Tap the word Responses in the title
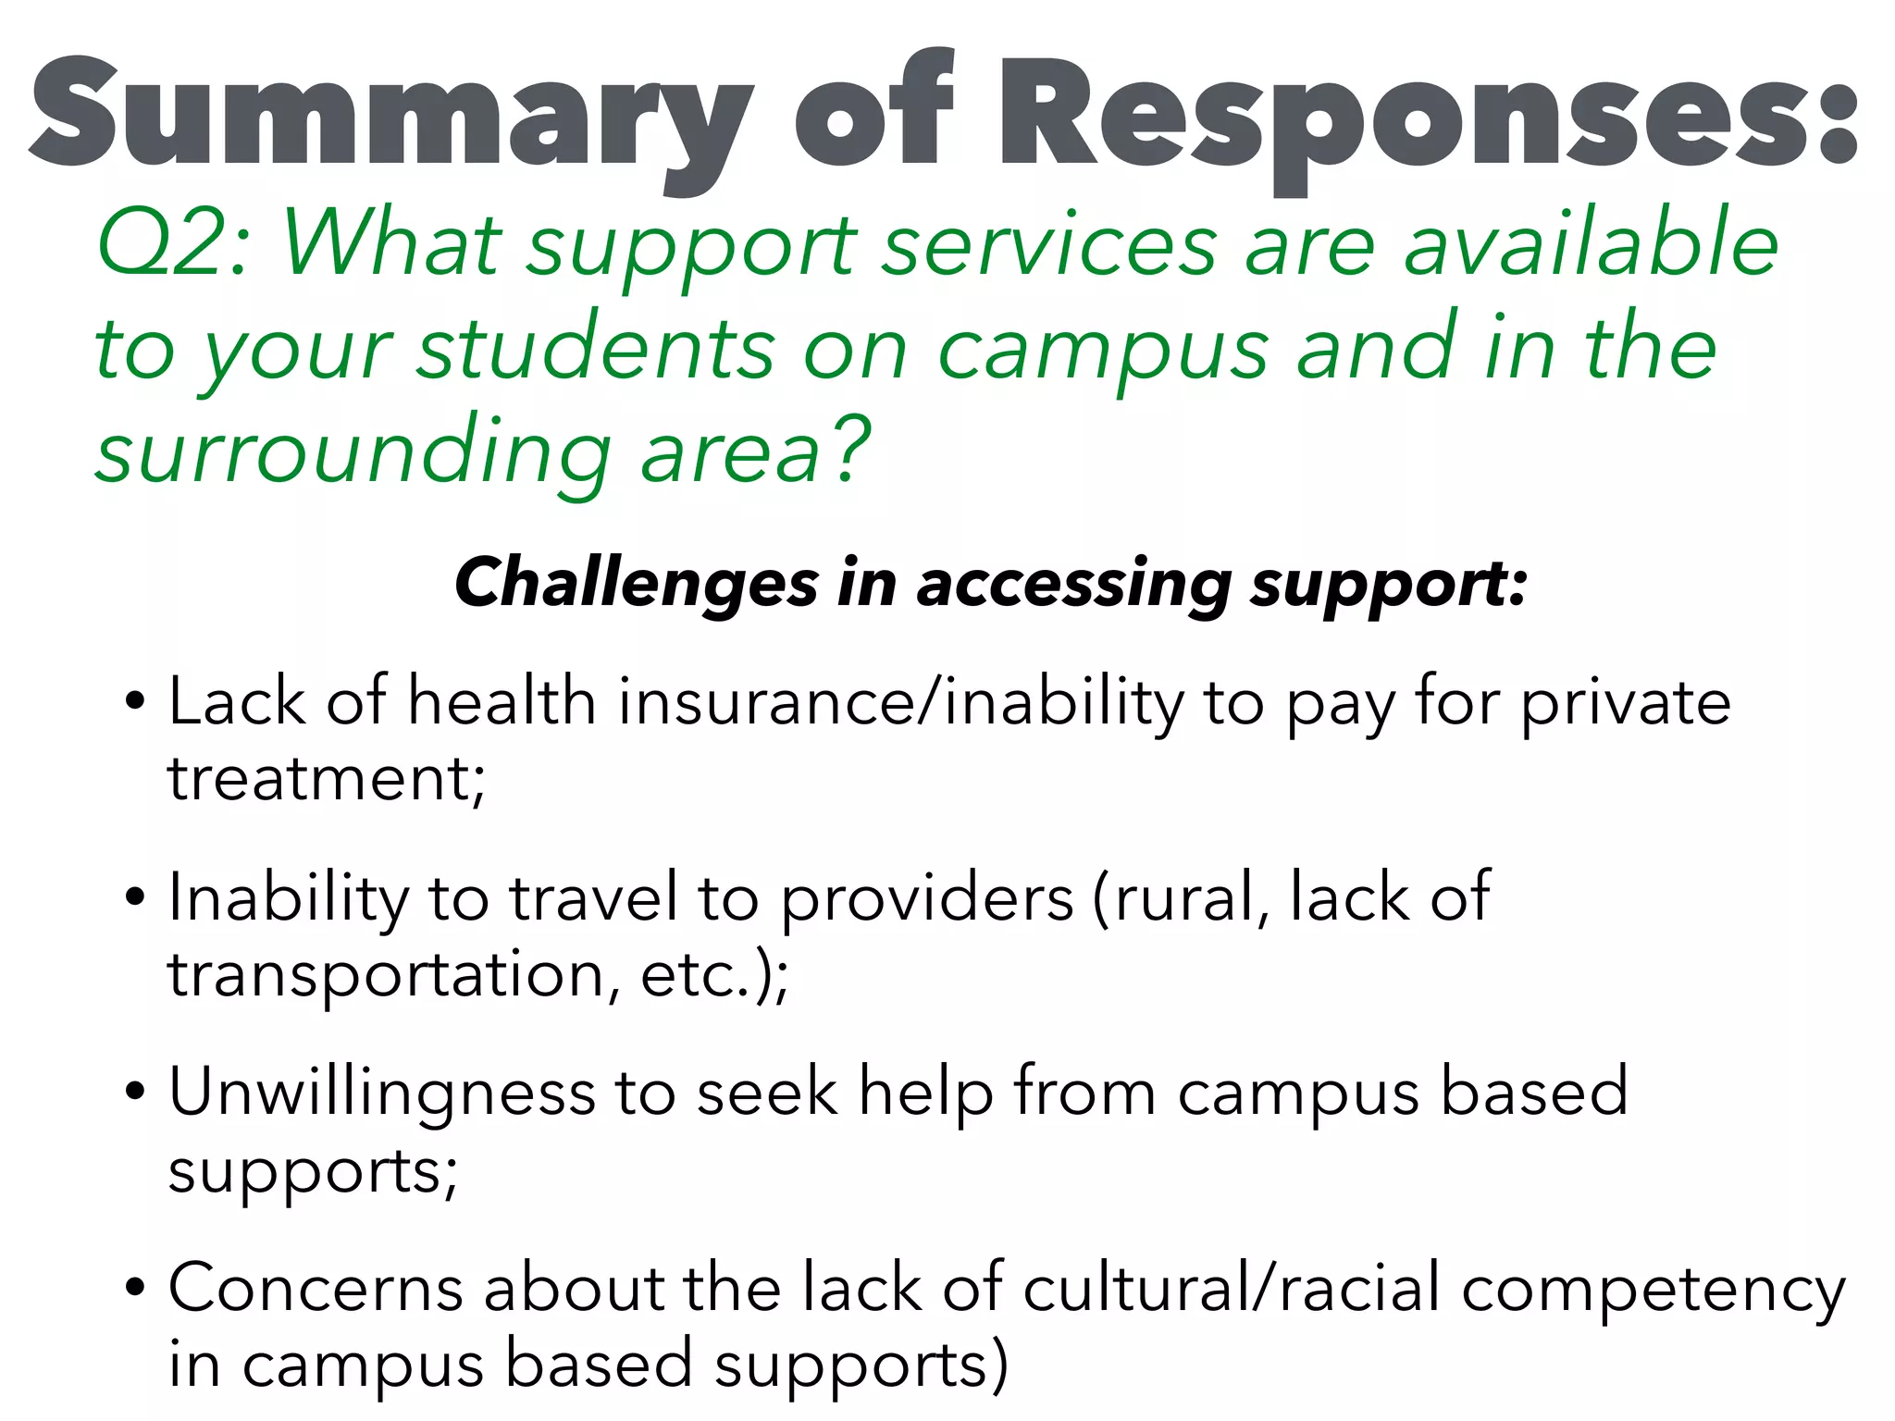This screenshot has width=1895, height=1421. pyautogui.click(x=1425, y=116)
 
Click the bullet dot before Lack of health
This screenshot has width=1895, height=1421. pyautogui.click(x=135, y=701)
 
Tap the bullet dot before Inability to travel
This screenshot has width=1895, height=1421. pyautogui.click(x=135, y=897)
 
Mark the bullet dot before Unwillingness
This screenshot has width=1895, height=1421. pyautogui.click(x=135, y=1093)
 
